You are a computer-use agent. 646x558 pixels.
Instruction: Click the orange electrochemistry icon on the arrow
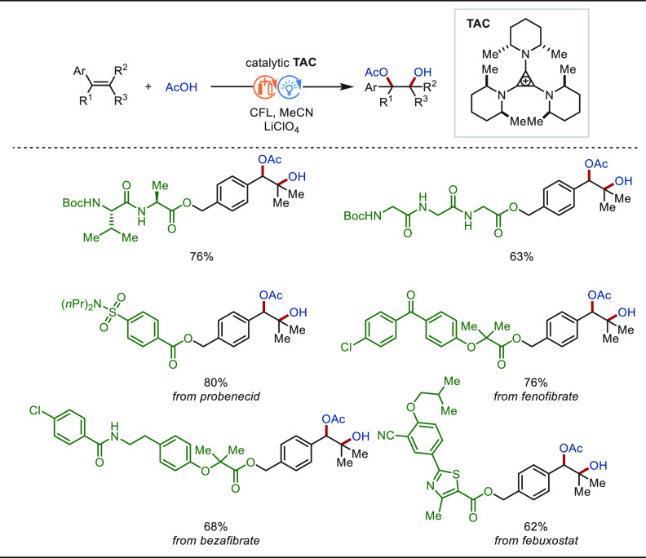tap(264, 87)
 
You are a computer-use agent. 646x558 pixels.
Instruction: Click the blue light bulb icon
tap(290, 87)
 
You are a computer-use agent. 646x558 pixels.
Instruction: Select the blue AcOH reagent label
tap(181, 87)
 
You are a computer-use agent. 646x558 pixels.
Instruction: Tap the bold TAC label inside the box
tap(478, 24)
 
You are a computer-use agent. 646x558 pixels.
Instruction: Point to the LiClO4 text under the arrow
tap(281, 127)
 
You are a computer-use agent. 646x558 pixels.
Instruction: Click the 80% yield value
tap(215, 383)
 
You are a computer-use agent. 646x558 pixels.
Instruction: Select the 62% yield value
tap(536, 527)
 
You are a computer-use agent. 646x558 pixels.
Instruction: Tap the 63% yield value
tap(521, 257)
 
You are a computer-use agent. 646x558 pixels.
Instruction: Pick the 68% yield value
tap(215, 527)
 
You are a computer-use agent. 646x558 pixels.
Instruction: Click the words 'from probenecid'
tap(216, 396)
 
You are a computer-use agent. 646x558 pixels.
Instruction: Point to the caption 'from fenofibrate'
tap(536, 396)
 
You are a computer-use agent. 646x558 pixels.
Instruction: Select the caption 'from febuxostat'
tap(536, 540)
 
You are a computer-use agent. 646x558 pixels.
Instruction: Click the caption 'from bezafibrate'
tap(216, 540)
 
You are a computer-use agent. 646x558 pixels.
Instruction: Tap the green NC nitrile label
tap(386, 435)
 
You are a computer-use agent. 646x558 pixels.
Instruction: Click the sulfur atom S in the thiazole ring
tap(456, 474)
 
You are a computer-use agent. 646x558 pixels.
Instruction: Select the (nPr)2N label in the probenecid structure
tap(82, 304)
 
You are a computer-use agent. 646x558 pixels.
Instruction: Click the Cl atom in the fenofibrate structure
tap(347, 347)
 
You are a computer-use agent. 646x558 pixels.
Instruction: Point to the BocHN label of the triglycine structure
tap(362, 215)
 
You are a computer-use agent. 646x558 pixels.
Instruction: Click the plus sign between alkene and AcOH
tap(148, 86)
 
